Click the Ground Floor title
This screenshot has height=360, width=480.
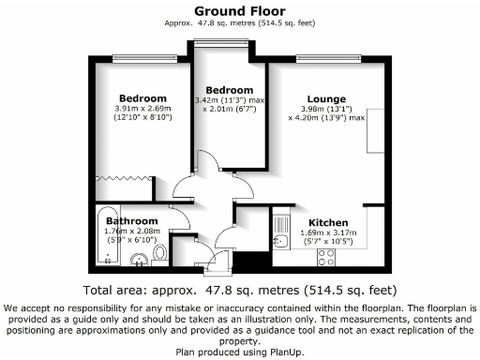[239, 10]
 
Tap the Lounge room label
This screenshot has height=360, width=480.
[324, 98]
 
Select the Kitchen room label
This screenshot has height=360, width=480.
[329, 212]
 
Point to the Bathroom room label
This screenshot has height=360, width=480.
[130, 221]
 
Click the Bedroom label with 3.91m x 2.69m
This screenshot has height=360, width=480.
[142, 98]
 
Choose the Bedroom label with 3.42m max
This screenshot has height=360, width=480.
[230, 90]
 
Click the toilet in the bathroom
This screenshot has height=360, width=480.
[160, 251]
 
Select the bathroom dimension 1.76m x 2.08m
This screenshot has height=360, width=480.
[130, 232]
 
